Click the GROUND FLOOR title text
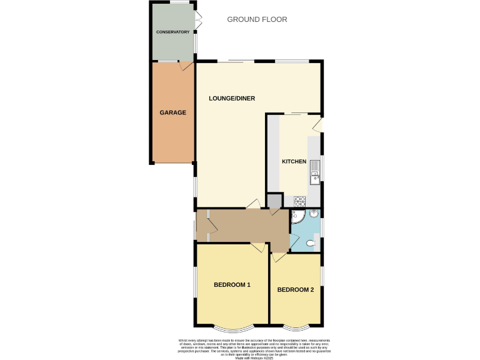coord(257,19)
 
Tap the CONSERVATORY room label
coord(172,32)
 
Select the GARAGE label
coord(172,113)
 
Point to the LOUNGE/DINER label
coord(232,99)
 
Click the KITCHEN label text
coord(294,162)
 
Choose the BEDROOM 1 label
coord(232,285)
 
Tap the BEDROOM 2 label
coord(296,290)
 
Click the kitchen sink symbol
coord(316,170)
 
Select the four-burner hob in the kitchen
coord(300,201)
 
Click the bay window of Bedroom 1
coord(232,327)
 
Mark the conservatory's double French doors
coord(198,19)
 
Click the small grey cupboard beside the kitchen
coord(273,201)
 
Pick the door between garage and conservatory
coord(186,65)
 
